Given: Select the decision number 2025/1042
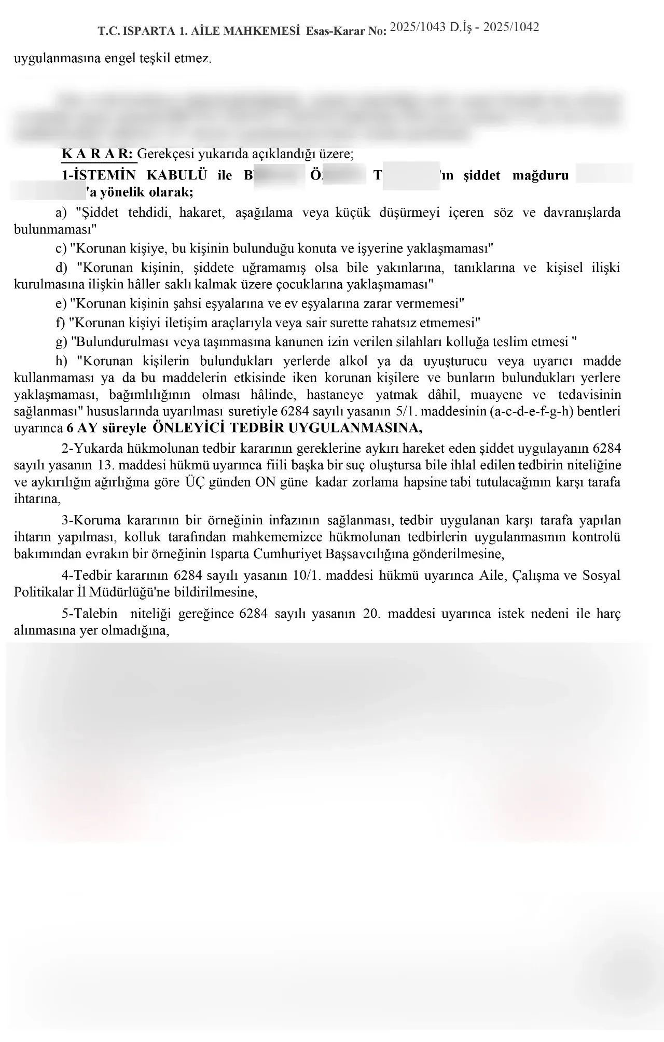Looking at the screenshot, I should [511, 27].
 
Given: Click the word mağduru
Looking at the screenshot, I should [541, 175].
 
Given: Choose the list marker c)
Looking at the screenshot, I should [61, 248].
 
